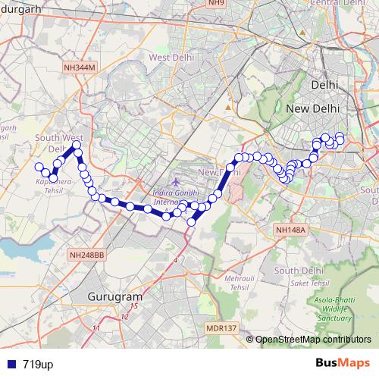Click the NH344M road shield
click(x=80, y=67)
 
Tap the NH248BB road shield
click(x=85, y=255)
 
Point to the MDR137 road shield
click(x=221, y=328)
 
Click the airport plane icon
click(x=176, y=182)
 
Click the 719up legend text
click(x=38, y=365)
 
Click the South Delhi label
click(x=295, y=271)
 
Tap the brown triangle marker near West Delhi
click(x=225, y=107)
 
